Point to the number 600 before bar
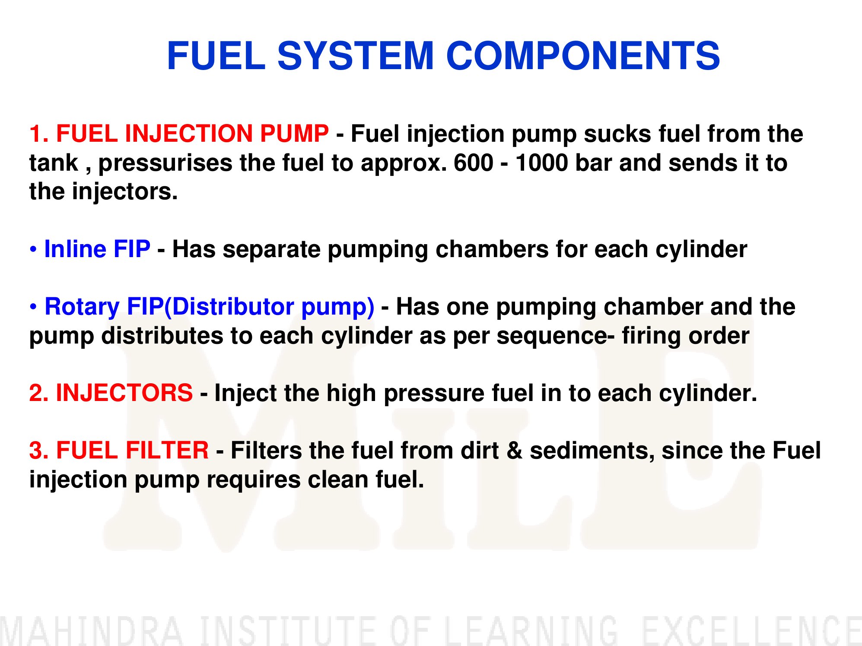tap(474, 163)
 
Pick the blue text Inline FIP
tap(97, 249)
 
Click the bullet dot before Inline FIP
tap(33, 250)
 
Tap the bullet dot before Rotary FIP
tap(33, 307)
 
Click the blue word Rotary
tap(82, 307)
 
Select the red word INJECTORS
tap(124, 393)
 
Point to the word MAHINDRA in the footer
tap(91, 631)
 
